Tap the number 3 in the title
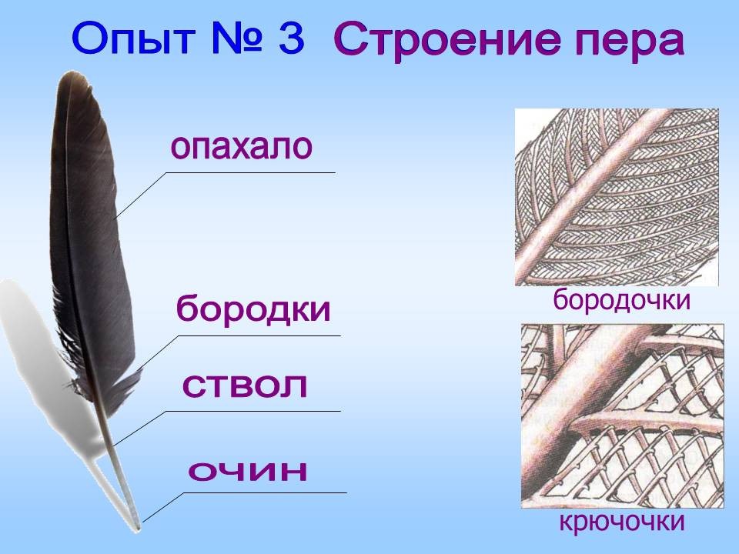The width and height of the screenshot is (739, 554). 291,38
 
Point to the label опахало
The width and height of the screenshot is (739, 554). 241,146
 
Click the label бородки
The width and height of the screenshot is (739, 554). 253,309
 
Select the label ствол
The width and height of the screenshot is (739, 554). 245,385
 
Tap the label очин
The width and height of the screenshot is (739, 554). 248,469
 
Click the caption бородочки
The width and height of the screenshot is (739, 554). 621,300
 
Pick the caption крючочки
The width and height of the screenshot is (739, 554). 622,522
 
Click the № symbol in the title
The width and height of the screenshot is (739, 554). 236,38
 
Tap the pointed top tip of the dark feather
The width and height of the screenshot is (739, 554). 72,72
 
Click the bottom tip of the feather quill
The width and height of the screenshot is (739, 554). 138,529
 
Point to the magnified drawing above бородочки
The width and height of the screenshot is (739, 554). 617,197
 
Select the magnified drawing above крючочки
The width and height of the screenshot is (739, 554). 622,416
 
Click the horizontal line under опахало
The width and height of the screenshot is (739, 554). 250,173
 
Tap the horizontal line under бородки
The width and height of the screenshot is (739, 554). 259,336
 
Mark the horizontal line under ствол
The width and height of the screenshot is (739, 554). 253,411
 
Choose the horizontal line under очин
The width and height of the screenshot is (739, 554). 265,493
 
